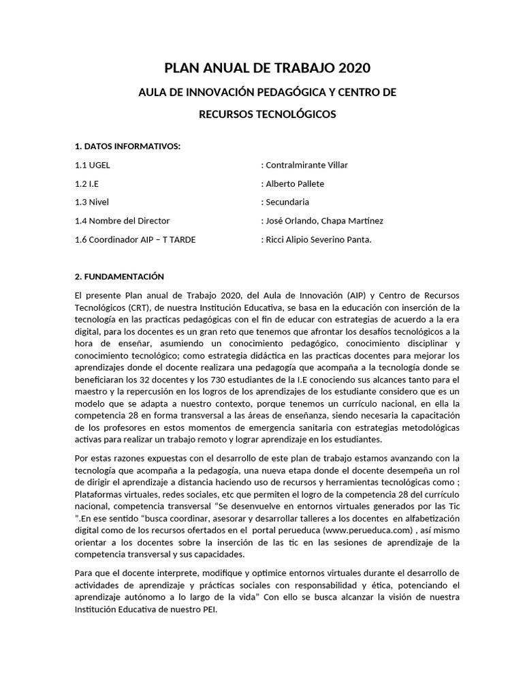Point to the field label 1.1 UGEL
pos(92,165)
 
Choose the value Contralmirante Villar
pos(306,165)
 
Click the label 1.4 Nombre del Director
pos(122,220)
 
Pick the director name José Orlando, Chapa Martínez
pos(324,220)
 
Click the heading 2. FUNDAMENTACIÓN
pos(120,276)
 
